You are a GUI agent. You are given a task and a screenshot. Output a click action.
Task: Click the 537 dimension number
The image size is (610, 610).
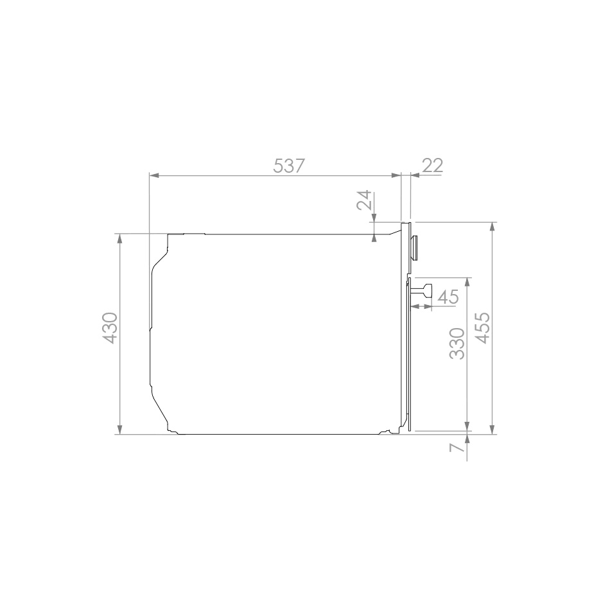(x=288, y=166)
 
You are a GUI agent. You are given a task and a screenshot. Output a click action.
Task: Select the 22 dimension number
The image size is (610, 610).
(x=432, y=166)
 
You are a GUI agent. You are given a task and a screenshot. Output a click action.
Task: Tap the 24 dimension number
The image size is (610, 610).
(x=365, y=200)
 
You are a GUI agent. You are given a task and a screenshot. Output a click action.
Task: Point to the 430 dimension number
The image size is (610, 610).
(x=110, y=328)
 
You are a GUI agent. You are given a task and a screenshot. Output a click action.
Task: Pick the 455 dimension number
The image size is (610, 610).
(x=484, y=328)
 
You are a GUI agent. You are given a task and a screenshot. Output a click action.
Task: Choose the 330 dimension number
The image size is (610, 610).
(x=457, y=344)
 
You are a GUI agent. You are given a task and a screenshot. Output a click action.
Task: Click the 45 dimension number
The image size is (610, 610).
(x=448, y=297)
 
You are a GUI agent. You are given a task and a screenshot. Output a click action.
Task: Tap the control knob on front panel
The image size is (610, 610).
(x=415, y=247)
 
